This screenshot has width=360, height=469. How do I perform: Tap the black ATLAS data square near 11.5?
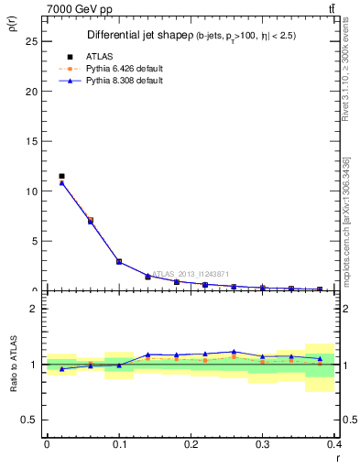61,176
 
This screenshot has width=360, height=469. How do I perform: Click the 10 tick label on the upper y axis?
35,191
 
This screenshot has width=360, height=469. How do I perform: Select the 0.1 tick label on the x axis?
119,444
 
